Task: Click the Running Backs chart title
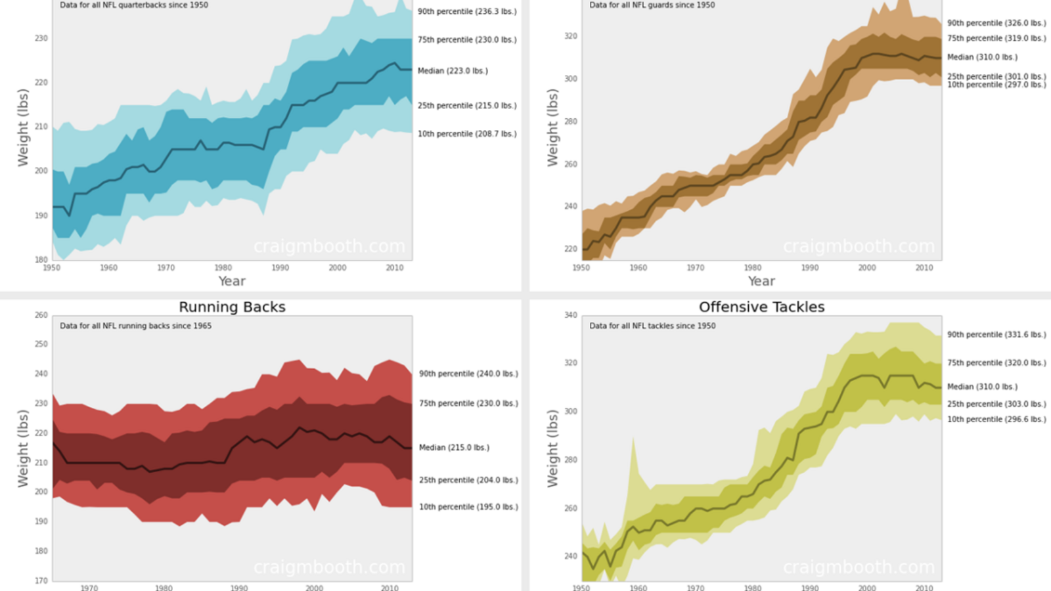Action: (x=232, y=307)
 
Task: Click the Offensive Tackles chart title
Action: (x=761, y=307)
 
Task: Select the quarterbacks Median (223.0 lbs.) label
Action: (x=453, y=71)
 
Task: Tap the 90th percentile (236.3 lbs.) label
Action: (x=467, y=12)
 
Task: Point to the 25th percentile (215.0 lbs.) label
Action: (x=467, y=106)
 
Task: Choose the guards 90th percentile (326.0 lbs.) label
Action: (x=996, y=23)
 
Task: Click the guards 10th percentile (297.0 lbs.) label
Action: (x=996, y=85)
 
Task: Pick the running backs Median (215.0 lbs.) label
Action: (x=454, y=448)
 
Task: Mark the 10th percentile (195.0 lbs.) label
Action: (x=468, y=507)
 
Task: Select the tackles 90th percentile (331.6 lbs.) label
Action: (x=996, y=335)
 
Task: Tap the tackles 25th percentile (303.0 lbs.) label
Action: (x=996, y=405)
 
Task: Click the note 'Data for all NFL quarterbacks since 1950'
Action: (x=134, y=5)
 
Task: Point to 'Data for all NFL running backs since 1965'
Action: (x=135, y=326)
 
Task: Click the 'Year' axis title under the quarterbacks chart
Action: (x=232, y=281)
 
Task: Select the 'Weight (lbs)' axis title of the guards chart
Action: (x=552, y=127)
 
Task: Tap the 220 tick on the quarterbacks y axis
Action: (x=41, y=83)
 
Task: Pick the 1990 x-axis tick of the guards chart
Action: (x=810, y=268)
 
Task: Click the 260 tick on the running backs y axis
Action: (x=41, y=315)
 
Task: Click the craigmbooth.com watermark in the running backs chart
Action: (x=329, y=567)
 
